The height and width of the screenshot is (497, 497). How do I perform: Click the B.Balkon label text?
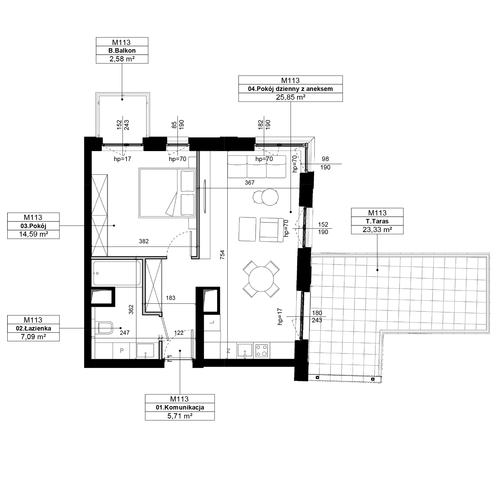pyautogui.click(x=122, y=51)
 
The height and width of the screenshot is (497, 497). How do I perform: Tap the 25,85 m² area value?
pyautogui.click(x=291, y=97)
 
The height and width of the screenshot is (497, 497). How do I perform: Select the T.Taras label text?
pyautogui.click(x=377, y=221)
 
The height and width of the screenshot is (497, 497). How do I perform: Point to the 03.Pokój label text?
pyautogui.click(x=34, y=226)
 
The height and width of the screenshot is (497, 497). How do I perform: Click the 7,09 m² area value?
pyautogui.click(x=34, y=337)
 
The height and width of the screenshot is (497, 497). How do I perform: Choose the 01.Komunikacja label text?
pyautogui.click(x=180, y=408)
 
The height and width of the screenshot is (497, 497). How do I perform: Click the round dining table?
pyautogui.click(x=261, y=279)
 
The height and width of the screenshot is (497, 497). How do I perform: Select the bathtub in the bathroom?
pyautogui.click(x=117, y=273)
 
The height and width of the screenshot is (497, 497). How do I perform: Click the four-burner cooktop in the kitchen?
pyautogui.click(x=262, y=350)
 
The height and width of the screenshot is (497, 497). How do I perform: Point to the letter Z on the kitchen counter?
pyautogui.click(x=228, y=351)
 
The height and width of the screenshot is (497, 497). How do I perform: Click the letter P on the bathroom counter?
pyautogui.click(x=122, y=350)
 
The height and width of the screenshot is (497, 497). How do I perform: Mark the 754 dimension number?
pyautogui.click(x=222, y=255)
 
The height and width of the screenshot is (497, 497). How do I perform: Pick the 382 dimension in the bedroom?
pyautogui.click(x=144, y=241)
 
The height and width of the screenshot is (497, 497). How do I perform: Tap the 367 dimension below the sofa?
pyautogui.click(x=249, y=183)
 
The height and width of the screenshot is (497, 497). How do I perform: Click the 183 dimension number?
pyautogui.click(x=170, y=298)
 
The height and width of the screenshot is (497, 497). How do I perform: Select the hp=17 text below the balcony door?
pyautogui.click(x=123, y=159)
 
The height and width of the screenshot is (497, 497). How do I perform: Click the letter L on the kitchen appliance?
pyautogui.click(x=212, y=322)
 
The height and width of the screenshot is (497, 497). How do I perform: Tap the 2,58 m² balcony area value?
pyautogui.click(x=122, y=59)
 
